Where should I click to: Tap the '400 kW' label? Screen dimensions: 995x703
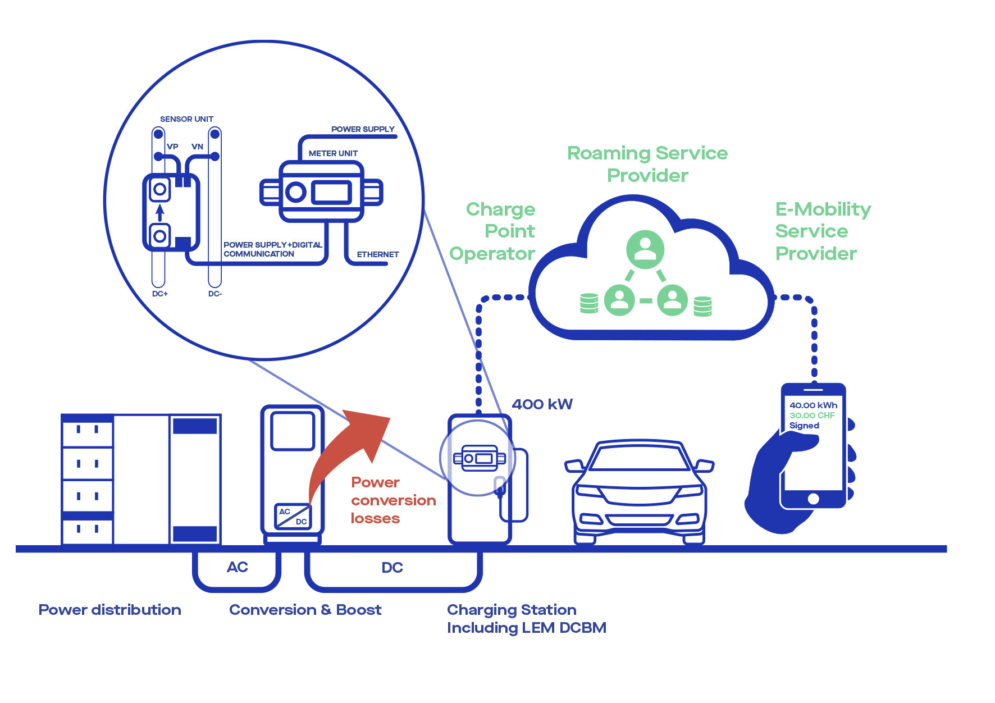[x=542, y=404]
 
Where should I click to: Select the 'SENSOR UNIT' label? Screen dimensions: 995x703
[x=186, y=119]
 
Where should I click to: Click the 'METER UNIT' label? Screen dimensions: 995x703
[x=333, y=153]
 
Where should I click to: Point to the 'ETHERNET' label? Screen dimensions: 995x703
[x=378, y=254]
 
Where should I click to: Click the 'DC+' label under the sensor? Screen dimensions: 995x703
[x=160, y=294]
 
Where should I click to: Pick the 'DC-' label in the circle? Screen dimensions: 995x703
[x=215, y=294]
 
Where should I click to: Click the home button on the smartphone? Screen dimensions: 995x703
[x=813, y=499]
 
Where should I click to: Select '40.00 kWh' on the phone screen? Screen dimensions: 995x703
[x=813, y=405]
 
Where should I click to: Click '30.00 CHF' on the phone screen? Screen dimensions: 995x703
[x=812, y=416]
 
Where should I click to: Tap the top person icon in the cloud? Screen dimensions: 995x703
[x=645, y=249]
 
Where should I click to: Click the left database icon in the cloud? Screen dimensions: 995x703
[x=589, y=303]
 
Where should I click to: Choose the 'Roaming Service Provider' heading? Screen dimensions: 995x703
[x=647, y=164]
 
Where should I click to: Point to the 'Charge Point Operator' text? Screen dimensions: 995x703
[x=492, y=231]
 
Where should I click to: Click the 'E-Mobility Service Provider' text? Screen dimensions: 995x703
[x=823, y=231]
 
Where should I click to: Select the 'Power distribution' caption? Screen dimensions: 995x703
[x=110, y=610]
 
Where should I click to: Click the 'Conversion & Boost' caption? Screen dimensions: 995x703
[x=305, y=610]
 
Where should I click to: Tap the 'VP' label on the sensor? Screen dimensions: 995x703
[x=172, y=147]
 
